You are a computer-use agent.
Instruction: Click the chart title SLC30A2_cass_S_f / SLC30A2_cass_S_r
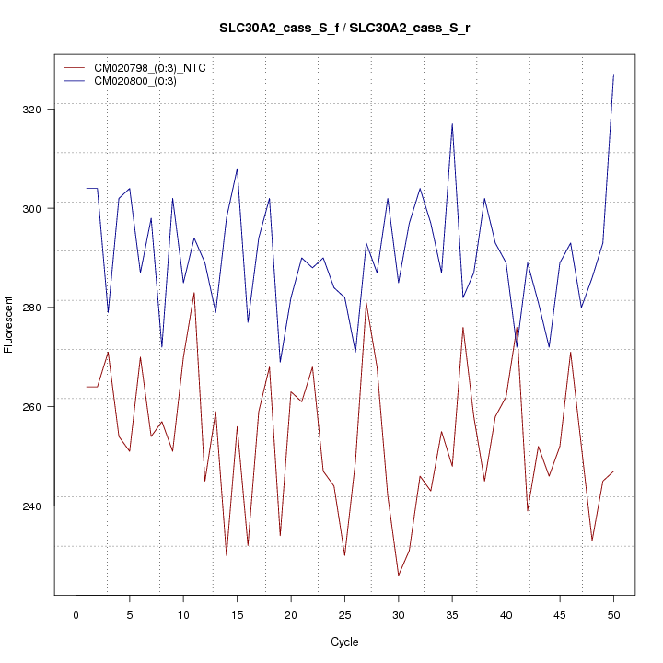pos(344,29)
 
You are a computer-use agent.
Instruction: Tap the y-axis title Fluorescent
pos(9,324)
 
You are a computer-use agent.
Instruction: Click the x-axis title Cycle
pos(344,642)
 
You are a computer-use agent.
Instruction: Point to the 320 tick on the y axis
pos(40,110)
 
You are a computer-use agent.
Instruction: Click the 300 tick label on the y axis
pos(40,208)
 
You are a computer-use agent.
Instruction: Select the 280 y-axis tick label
pos(40,308)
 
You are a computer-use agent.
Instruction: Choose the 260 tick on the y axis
pos(40,407)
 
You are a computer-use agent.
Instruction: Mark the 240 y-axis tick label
pos(40,506)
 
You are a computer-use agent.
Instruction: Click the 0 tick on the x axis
pos(76,614)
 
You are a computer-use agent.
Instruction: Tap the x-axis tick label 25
pos(344,614)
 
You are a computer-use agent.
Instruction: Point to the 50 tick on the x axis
pos(613,614)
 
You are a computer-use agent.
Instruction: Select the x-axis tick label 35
pos(452,614)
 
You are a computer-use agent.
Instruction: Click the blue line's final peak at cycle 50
pos(613,75)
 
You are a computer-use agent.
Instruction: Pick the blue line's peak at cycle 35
pos(452,124)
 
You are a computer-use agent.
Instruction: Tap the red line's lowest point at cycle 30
pos(399,576)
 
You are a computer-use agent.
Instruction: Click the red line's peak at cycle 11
pos(194,293)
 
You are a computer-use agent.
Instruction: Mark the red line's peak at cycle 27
pos(366,303)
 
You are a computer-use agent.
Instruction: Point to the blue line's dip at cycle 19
pos(280,362)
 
